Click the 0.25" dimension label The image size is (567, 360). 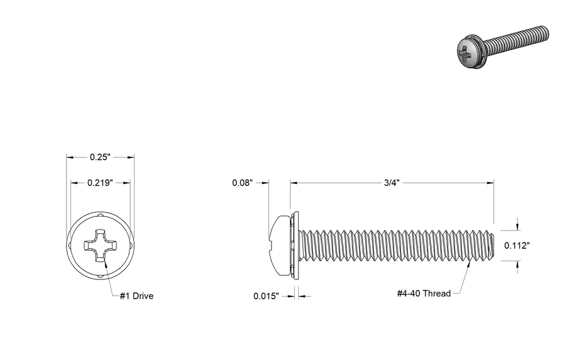pos(100,157)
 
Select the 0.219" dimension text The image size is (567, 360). pos(100,183)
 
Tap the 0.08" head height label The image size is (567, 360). pos(242,183)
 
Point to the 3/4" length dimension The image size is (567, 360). pos(392,183)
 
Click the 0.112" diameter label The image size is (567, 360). pos(517,245)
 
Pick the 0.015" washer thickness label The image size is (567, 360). pos(266,296)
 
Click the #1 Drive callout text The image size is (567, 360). pos(137,296)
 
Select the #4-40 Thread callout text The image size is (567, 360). pos(424,293)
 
